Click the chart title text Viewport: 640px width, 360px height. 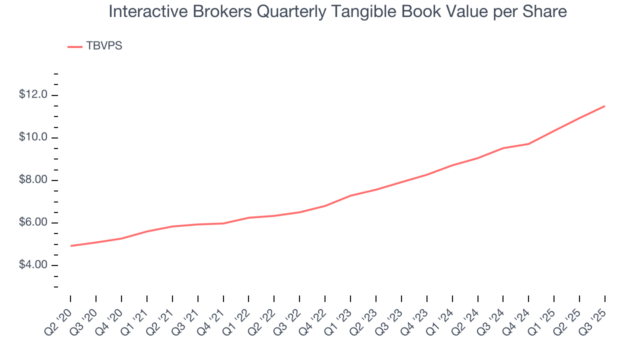337,11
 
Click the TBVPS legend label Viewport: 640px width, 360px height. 104,46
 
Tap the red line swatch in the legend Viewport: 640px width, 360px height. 75,47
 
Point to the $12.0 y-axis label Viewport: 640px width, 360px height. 33,95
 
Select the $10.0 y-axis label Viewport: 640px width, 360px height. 33,137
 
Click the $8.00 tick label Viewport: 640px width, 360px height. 33,180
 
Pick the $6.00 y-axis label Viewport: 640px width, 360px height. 33,222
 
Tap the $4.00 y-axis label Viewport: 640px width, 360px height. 33,265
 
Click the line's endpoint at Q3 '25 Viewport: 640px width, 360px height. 604,106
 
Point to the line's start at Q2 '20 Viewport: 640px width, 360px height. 70,246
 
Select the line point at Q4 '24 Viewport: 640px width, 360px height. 528,144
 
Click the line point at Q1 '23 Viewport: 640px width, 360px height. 350,195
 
